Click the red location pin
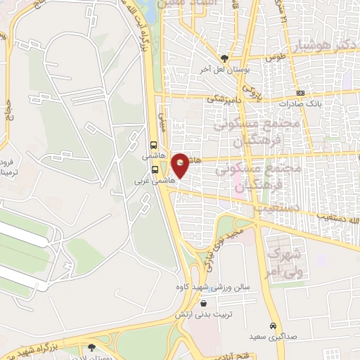(x=181, y=165)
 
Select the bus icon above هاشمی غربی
(x=155, y=169)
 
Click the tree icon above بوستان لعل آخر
(x=224, y=58)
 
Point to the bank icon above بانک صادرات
(x=301, y=93)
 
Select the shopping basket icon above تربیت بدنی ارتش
(x=203, y=304)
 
